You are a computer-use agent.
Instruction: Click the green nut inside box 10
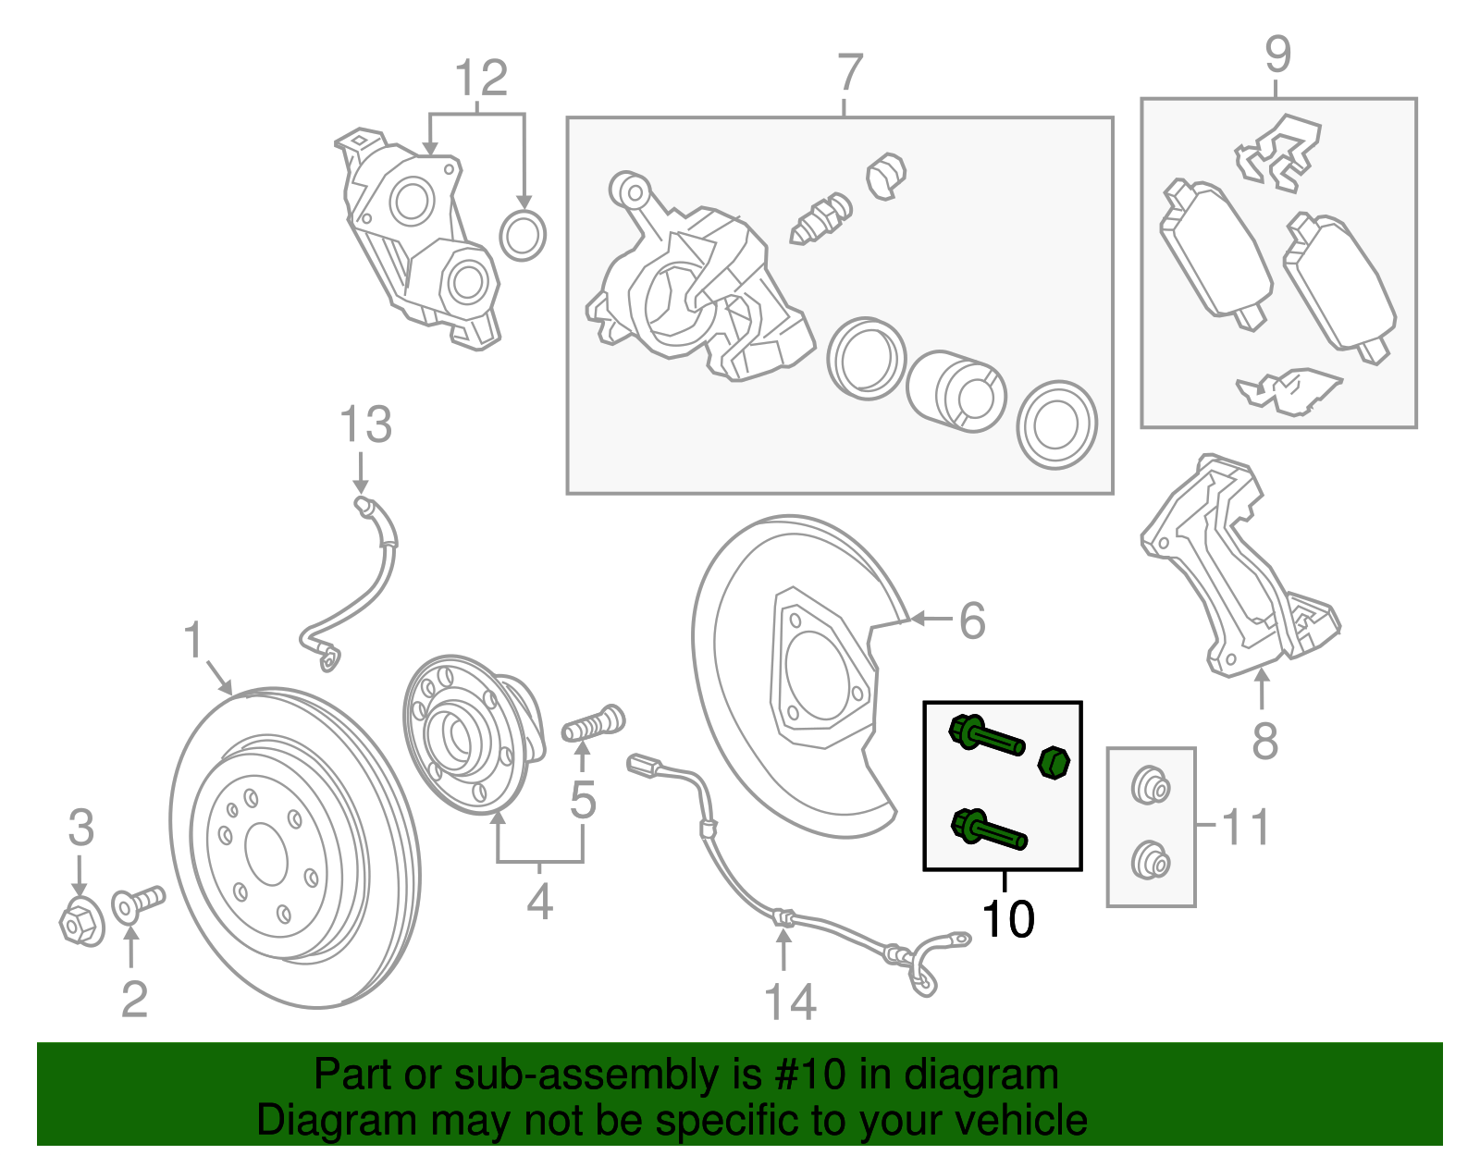pyautogui.click(x=1054, y=763)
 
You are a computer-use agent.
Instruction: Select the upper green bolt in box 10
pyautogui.click(x=986, y=737)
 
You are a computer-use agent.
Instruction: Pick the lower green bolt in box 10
pyautogui.click(x=988, y=829)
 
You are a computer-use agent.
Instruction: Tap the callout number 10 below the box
pyautogui.click(x=1006, y=919)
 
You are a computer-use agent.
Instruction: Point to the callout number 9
pyautogui.click(x=1277, y=55)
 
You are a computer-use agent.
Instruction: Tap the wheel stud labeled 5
pyautogui.click(x=594, y=723)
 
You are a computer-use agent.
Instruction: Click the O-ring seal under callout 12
pyautogui.click(x=523, y=235)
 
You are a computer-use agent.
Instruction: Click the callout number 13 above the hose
pyautogui.click(x=366, y=425)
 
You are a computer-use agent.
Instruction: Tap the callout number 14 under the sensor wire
pyautogui.click(x=790, y=1002)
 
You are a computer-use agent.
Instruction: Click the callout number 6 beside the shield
pyautogui.click(x=971, y=621)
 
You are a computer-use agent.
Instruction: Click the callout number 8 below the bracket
pyautogui.click(x=1264, y=740)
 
